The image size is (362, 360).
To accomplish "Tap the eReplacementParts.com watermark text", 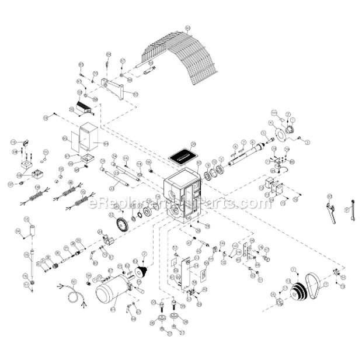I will click(x=176, y=204).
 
